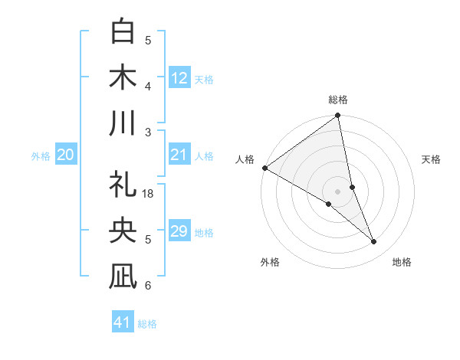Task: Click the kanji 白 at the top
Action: point(123,33)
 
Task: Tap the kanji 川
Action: point(123,123)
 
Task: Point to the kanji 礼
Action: point(123,185)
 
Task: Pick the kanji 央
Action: point(123,231)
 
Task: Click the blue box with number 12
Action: point(179,77)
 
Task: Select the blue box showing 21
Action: point(179,155)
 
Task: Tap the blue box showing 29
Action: point(179,231)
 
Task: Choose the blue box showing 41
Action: point(123,322)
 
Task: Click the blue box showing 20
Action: point(66,155)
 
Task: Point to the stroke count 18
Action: point(149,194)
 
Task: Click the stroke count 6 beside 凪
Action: point(149,285)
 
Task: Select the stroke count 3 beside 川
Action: point(149,132)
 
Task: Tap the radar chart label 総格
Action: point(338,100)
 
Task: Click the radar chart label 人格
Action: point(245,159)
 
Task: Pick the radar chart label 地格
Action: point(402,262)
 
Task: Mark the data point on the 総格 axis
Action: point(338,116)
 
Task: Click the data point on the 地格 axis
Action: point(374,242)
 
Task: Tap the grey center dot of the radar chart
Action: point(338,191)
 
